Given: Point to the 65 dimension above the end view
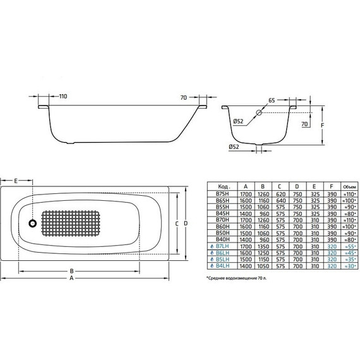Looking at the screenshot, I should tap(271, 100).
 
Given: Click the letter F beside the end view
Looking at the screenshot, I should tap(323, 125).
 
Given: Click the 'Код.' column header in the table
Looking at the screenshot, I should tap(222, 187).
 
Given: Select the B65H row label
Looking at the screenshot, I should tap(222, 201).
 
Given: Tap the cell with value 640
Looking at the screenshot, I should tap(279, 201).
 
